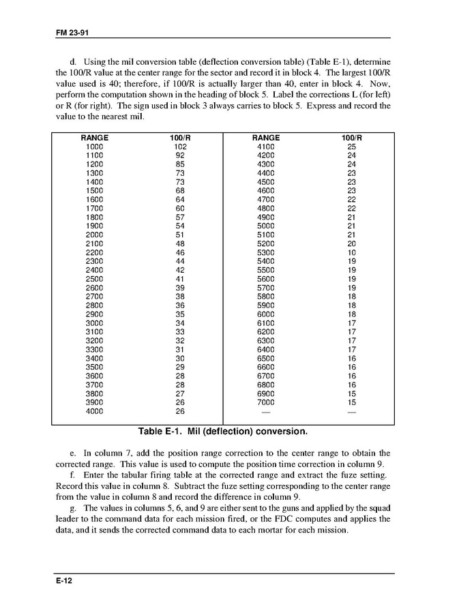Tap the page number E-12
tap(65, 581)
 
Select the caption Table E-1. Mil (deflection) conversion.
tap(223, 432)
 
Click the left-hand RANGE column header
tap(94, 138)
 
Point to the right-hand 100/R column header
tap(351, 138)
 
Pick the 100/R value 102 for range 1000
tap(180, 147)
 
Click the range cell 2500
tap(95, 279)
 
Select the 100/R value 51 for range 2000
tap(180, 235)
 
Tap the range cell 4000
tap(95, 412)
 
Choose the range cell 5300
tap(265, 252)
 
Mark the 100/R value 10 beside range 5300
tap(351, 252)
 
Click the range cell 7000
tap(265, 403)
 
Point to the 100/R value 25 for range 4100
tap(351, 147)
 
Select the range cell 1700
tap(95, 208)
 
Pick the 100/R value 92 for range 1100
tap(180, 155)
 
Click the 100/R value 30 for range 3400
tap(180, 359)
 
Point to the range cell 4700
tap(265, 200)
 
